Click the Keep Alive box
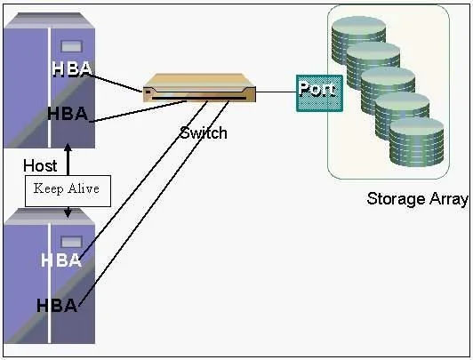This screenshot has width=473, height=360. (68, 191)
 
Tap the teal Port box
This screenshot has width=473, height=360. (319, 93)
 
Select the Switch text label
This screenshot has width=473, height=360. (204, 133)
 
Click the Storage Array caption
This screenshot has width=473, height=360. (418, 199)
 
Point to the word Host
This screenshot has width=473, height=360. (40, 166)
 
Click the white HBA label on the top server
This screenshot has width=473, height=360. (72, 69)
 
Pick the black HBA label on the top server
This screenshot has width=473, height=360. (68, 114)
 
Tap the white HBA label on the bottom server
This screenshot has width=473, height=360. (61, 260)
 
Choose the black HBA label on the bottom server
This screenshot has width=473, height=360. (57, 306)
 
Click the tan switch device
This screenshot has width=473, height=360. (199, 88)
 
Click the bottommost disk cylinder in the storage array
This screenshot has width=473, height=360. (417, 142)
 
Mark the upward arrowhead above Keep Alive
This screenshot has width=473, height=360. (68, 148)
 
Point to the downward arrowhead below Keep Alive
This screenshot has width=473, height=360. (68, 212)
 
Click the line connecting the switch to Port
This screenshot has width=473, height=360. (276, 92)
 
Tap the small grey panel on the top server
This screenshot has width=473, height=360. (71, 46)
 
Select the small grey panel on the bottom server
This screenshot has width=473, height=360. (71, 242)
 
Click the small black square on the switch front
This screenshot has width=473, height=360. (148, 91)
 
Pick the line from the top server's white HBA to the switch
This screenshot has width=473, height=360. (116, 83)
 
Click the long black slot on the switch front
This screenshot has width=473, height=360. (199, 99)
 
